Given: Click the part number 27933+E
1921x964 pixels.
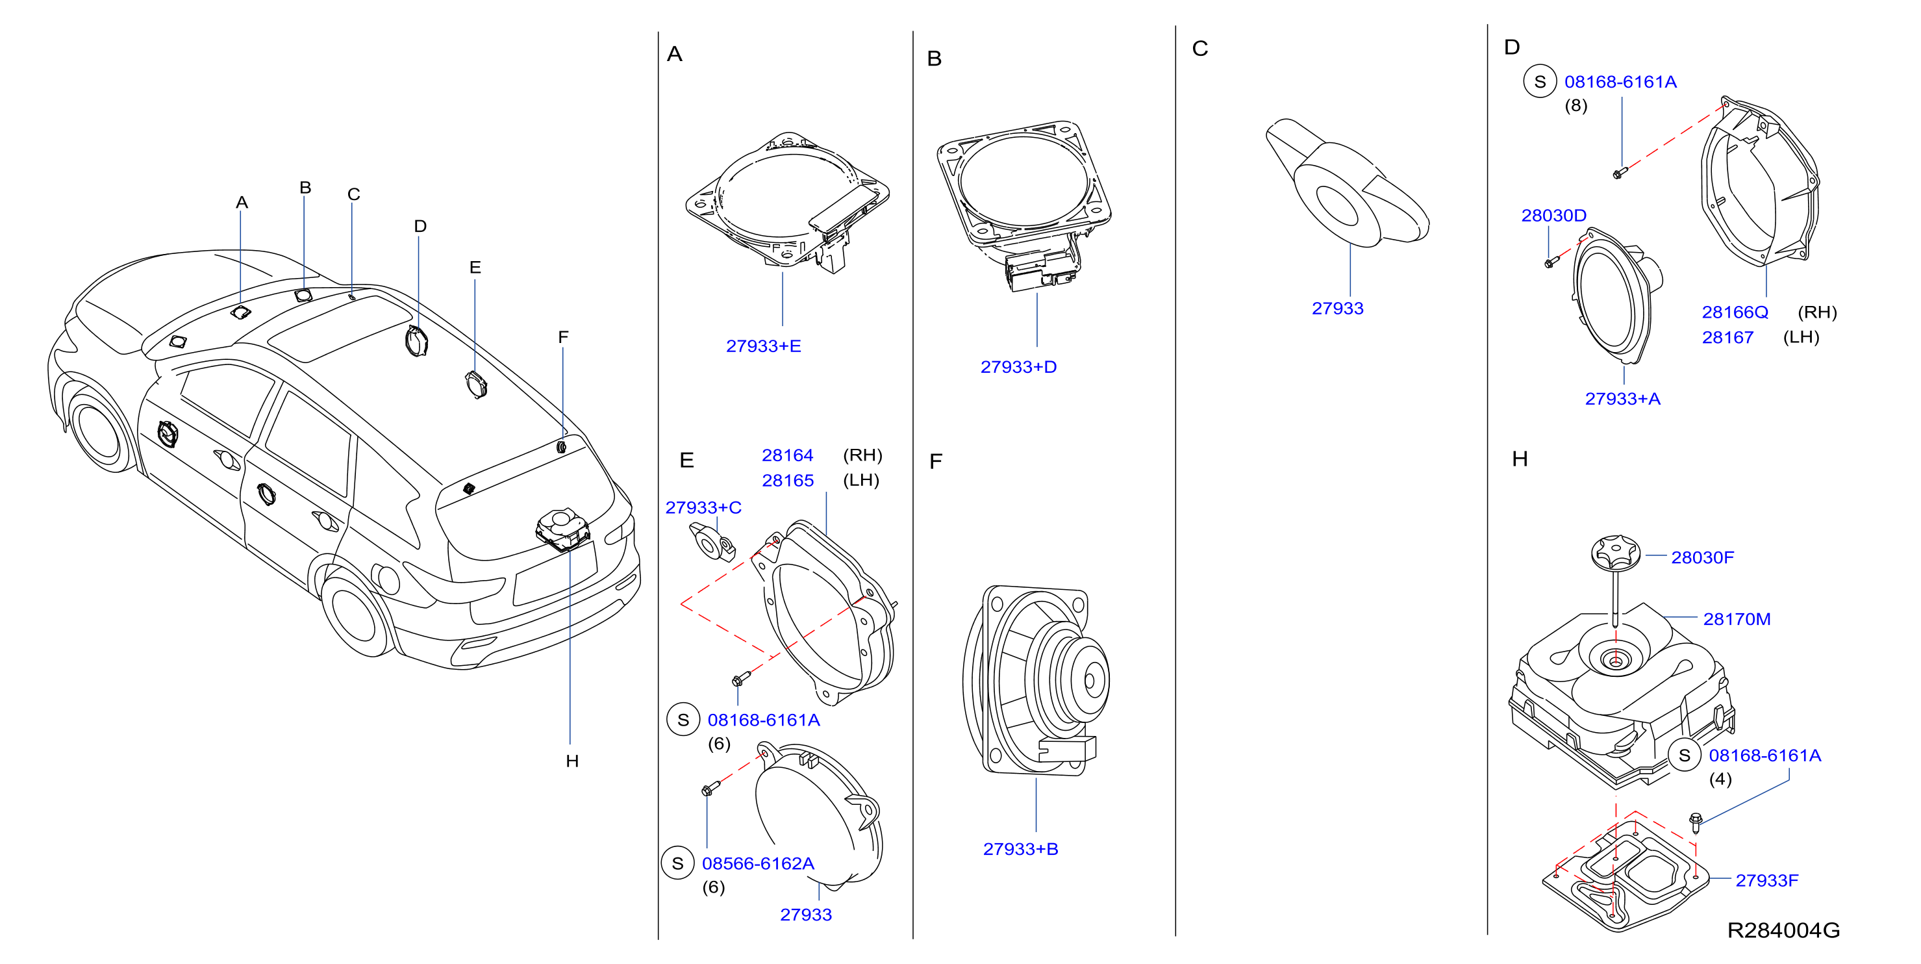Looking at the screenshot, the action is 763,346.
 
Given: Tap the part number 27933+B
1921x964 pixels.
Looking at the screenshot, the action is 1020,849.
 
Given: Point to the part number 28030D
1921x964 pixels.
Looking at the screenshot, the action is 1553,216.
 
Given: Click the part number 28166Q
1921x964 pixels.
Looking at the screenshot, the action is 1735,312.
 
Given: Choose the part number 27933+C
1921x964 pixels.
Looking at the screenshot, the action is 703,507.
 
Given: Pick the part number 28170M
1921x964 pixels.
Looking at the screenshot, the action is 1736,619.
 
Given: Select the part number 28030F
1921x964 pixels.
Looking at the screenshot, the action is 1703,557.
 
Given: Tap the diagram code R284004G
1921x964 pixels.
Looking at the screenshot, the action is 1783,930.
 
